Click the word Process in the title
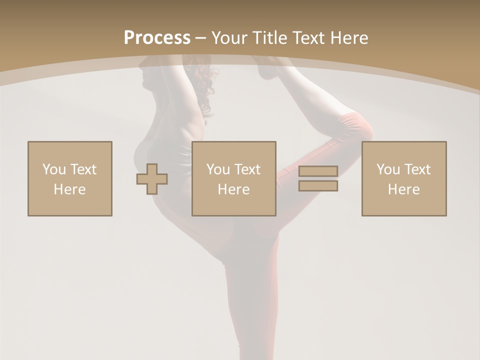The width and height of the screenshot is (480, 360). click(157, 37)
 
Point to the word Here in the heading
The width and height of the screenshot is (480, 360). click(349, 37)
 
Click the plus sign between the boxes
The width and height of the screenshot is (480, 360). click(152, 179)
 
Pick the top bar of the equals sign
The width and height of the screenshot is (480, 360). click(318, 171)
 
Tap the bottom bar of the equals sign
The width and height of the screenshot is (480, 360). click(318, 186)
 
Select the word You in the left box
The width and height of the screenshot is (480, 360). click(54, 169)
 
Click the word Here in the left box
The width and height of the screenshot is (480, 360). click(69, 189)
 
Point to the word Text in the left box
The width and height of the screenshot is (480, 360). click(83, 169)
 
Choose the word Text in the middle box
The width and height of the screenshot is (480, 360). click(247, 169)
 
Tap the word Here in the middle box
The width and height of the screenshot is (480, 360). click(233, 189)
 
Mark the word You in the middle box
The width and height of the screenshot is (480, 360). click(218, 169)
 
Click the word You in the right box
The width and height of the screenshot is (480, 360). click(388, 169)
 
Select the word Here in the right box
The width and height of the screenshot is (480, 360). click(403, 189)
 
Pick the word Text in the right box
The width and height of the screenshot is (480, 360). click(417, 169)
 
